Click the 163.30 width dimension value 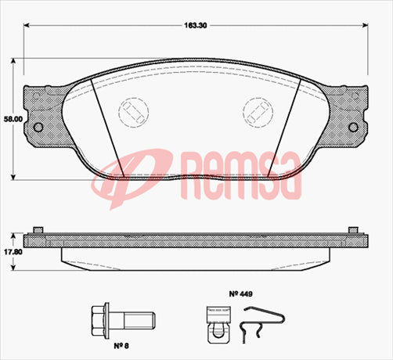(196, 25)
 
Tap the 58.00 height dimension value (11, 119)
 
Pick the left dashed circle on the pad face (132, 109)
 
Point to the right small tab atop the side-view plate (352, 228)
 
